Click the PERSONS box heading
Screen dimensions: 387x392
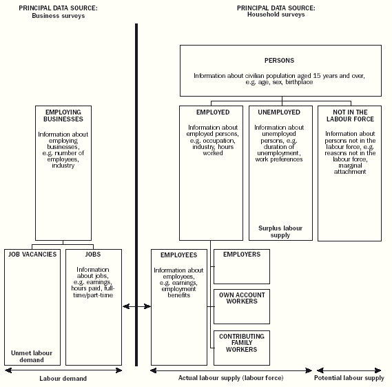tap(280, 60)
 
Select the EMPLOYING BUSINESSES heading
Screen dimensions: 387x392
tap(63, 115)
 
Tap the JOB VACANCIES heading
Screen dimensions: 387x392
tap(32, 255)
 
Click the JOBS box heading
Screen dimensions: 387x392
tap(93, 255)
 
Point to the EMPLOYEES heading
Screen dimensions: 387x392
tap(178, 255)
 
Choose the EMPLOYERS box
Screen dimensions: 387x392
tap(241, 266)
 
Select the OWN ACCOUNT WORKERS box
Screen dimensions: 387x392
tap(241, 306)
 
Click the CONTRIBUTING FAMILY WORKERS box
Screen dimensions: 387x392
tap(241, 347)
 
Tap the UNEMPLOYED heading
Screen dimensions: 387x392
tap(278, 112)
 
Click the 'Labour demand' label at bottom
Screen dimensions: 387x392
tap(63, 378)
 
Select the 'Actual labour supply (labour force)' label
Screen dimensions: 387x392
tap(231, 378)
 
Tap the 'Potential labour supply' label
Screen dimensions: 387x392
tap(349, 378)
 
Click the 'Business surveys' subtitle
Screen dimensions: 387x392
tap(58, 15)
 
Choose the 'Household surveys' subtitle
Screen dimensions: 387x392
tap(276, 15)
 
